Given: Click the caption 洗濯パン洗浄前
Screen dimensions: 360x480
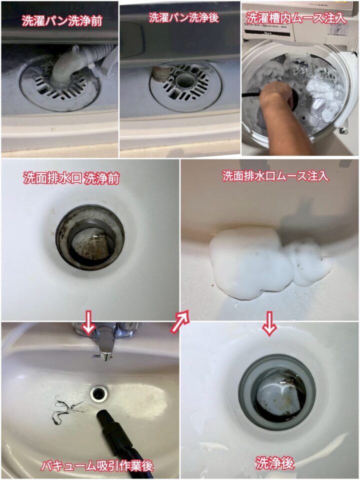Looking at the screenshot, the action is tap(62, 20).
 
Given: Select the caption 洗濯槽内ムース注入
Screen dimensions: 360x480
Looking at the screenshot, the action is tap(296, 18).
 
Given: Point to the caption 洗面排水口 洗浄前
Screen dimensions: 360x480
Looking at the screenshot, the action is tap(71, 178).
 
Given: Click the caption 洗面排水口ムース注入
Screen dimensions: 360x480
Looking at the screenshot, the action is tap(275, 175).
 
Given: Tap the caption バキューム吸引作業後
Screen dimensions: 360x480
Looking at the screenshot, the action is tap(97, 466).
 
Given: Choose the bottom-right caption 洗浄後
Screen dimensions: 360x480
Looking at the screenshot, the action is tap(275, 463).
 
